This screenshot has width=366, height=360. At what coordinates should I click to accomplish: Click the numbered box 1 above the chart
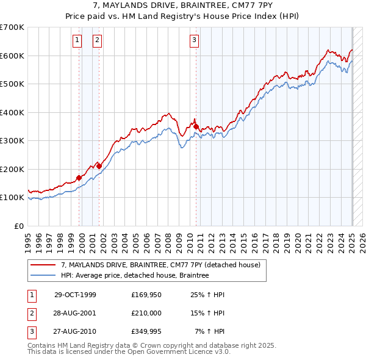[77, 41]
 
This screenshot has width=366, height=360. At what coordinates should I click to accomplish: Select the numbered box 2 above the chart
[97, 41]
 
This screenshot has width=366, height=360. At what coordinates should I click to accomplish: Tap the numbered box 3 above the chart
[194, 41]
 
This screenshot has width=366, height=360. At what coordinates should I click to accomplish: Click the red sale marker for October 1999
[79, 178]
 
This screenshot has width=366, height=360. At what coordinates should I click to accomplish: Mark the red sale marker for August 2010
[196, 126]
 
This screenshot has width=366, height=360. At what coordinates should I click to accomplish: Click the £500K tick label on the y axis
[12, 84]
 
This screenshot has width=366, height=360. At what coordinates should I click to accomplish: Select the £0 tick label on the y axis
[19, 226]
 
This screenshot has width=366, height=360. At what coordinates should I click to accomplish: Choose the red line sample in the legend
[43, 265]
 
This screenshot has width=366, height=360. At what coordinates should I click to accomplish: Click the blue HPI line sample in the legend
[43, 275]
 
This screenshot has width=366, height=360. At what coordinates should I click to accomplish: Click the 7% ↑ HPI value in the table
[209, 333]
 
